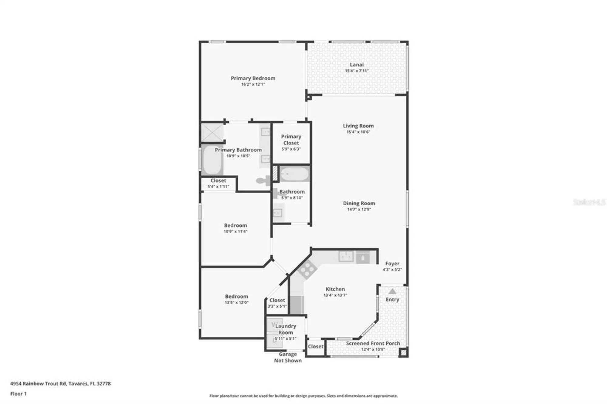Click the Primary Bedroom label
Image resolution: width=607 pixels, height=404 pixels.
coord(253,78)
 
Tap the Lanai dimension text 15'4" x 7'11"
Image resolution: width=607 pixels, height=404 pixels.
coord(357,71)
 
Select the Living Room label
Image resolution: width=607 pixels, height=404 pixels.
coord(358,126)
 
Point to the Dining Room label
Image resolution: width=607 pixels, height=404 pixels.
coord(359,203)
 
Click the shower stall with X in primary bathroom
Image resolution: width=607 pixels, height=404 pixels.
coord(212,133)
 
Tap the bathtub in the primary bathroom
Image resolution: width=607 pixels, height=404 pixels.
coord(212,160)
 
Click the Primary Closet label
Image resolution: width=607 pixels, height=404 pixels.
coord(291,140)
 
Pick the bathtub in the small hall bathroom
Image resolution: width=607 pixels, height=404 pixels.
coord(294,174)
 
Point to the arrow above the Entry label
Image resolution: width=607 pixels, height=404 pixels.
coord(392,291)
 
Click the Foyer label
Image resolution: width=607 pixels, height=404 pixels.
coord(392,264)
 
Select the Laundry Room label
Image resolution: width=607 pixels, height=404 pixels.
coord(285,329)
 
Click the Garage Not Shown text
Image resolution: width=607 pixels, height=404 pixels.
coord(288,357)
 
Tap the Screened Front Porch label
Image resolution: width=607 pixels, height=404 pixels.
coord(373,343)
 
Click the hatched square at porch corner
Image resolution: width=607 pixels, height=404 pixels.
coord(403,352)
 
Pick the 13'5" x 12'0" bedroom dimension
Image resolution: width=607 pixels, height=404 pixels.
coord(236,302)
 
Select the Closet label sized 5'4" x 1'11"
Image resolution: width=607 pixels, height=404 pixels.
coord(218,180)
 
